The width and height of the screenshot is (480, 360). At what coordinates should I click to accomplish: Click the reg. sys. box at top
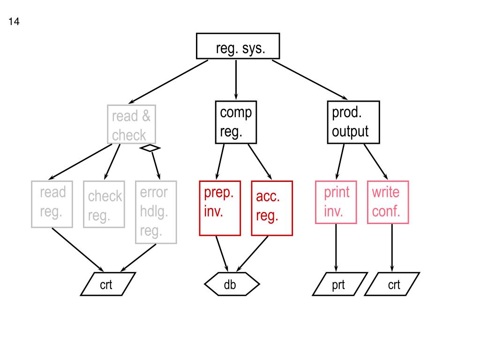coord(238,46)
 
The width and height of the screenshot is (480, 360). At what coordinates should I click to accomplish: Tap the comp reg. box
coord(236,122)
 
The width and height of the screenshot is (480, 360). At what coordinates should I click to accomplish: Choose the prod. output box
coord(353,122)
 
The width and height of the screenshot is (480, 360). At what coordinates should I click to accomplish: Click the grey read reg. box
coord(52,204)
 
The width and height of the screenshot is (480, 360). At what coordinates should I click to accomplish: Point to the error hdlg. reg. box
coord(156,212)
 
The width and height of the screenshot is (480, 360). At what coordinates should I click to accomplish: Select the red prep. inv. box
coord(220,208)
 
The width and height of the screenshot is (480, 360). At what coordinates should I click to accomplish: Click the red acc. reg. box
coord(272,208)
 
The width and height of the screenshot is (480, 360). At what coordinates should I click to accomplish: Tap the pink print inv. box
coord(336,202)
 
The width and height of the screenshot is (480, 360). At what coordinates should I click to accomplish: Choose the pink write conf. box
coord(388,202)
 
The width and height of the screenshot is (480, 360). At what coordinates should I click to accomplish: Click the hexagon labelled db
coord(232,284)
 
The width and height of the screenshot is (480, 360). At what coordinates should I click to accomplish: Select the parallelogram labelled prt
coord(338,284)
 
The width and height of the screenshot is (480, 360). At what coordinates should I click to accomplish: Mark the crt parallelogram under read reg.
coord(108,284)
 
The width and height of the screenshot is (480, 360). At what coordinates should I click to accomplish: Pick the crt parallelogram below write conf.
coord(393,284)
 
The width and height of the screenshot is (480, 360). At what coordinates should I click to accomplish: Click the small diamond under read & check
coord(150,148)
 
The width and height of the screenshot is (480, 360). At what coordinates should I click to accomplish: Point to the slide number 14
coord(14,22)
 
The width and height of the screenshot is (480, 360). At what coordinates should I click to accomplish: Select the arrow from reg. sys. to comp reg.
coord(236,80)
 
